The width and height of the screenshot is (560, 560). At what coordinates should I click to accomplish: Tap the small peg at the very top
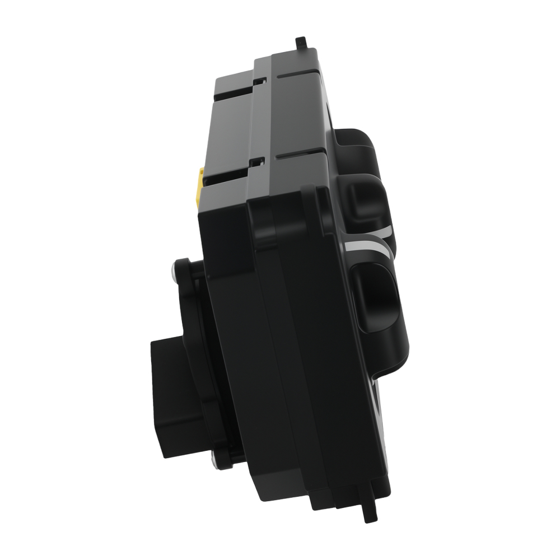click(301, 43)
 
